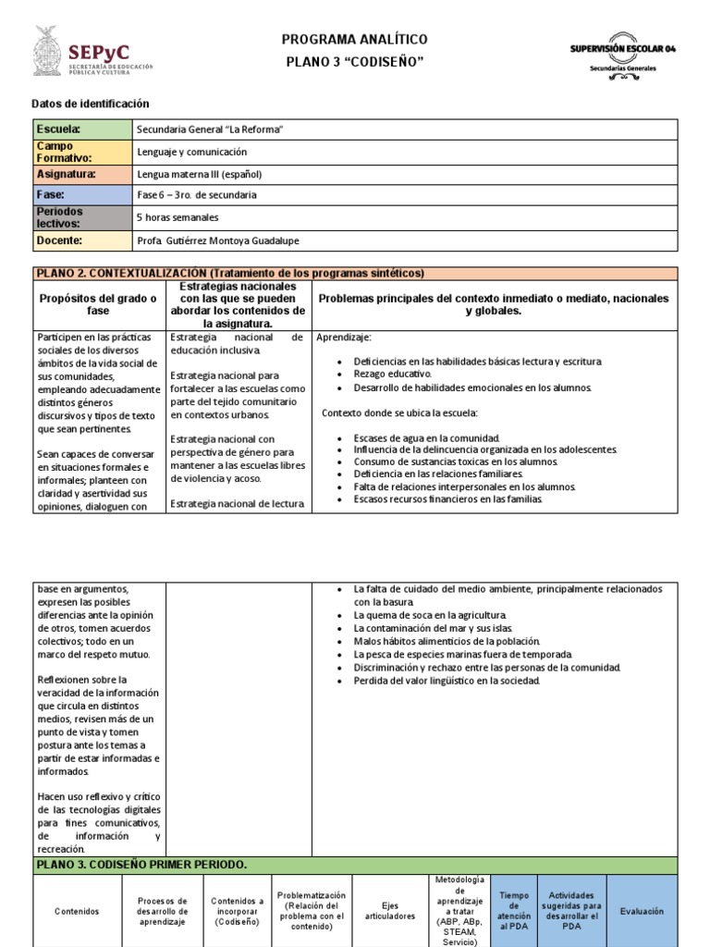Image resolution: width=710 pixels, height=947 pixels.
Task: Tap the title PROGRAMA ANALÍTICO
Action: point(355,39)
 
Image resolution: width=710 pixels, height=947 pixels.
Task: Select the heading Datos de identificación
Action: point(90,105)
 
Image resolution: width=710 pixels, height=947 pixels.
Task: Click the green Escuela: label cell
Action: point(81,129)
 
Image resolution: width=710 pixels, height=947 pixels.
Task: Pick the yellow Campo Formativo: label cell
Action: point(81,152)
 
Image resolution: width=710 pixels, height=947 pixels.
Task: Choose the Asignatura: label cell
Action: point(81,174)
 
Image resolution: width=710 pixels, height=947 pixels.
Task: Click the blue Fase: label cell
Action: point(81,195)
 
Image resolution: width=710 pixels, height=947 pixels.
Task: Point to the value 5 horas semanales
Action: point(177,217)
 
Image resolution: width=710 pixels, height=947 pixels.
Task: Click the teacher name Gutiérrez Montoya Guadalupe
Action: point(231,241)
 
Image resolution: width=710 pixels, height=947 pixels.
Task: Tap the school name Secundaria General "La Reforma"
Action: point(209,129)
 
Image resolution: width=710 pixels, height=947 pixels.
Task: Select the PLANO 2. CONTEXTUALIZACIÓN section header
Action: point(229,273)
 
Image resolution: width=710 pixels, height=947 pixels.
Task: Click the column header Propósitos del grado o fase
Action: point(98,304)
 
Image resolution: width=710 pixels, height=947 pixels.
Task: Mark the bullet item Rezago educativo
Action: point(392,374)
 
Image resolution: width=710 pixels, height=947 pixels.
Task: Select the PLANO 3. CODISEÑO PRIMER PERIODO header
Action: point(141,865)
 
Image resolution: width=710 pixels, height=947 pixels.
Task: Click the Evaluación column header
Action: point(642,911)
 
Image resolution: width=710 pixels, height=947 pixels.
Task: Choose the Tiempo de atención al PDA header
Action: point(513,911)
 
